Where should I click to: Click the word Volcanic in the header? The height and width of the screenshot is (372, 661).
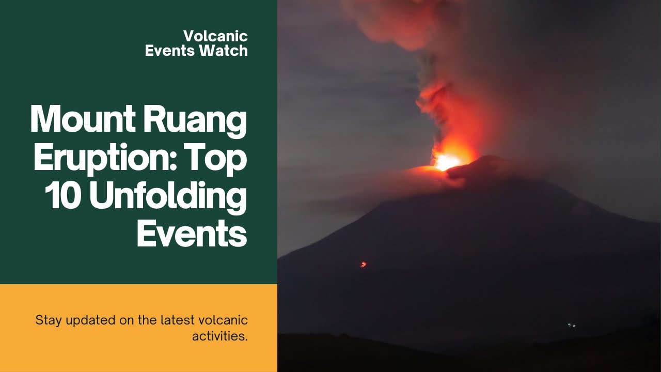pyautogui.click(x=215, y=36)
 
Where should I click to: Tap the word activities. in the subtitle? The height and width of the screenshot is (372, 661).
pyautogui.click(x=220, y=336)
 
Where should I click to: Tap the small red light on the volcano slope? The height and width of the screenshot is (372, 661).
pyautogui.click(x=363, y=265)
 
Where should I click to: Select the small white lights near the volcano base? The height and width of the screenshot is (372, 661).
pyautogui.click(x=571, y=325)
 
